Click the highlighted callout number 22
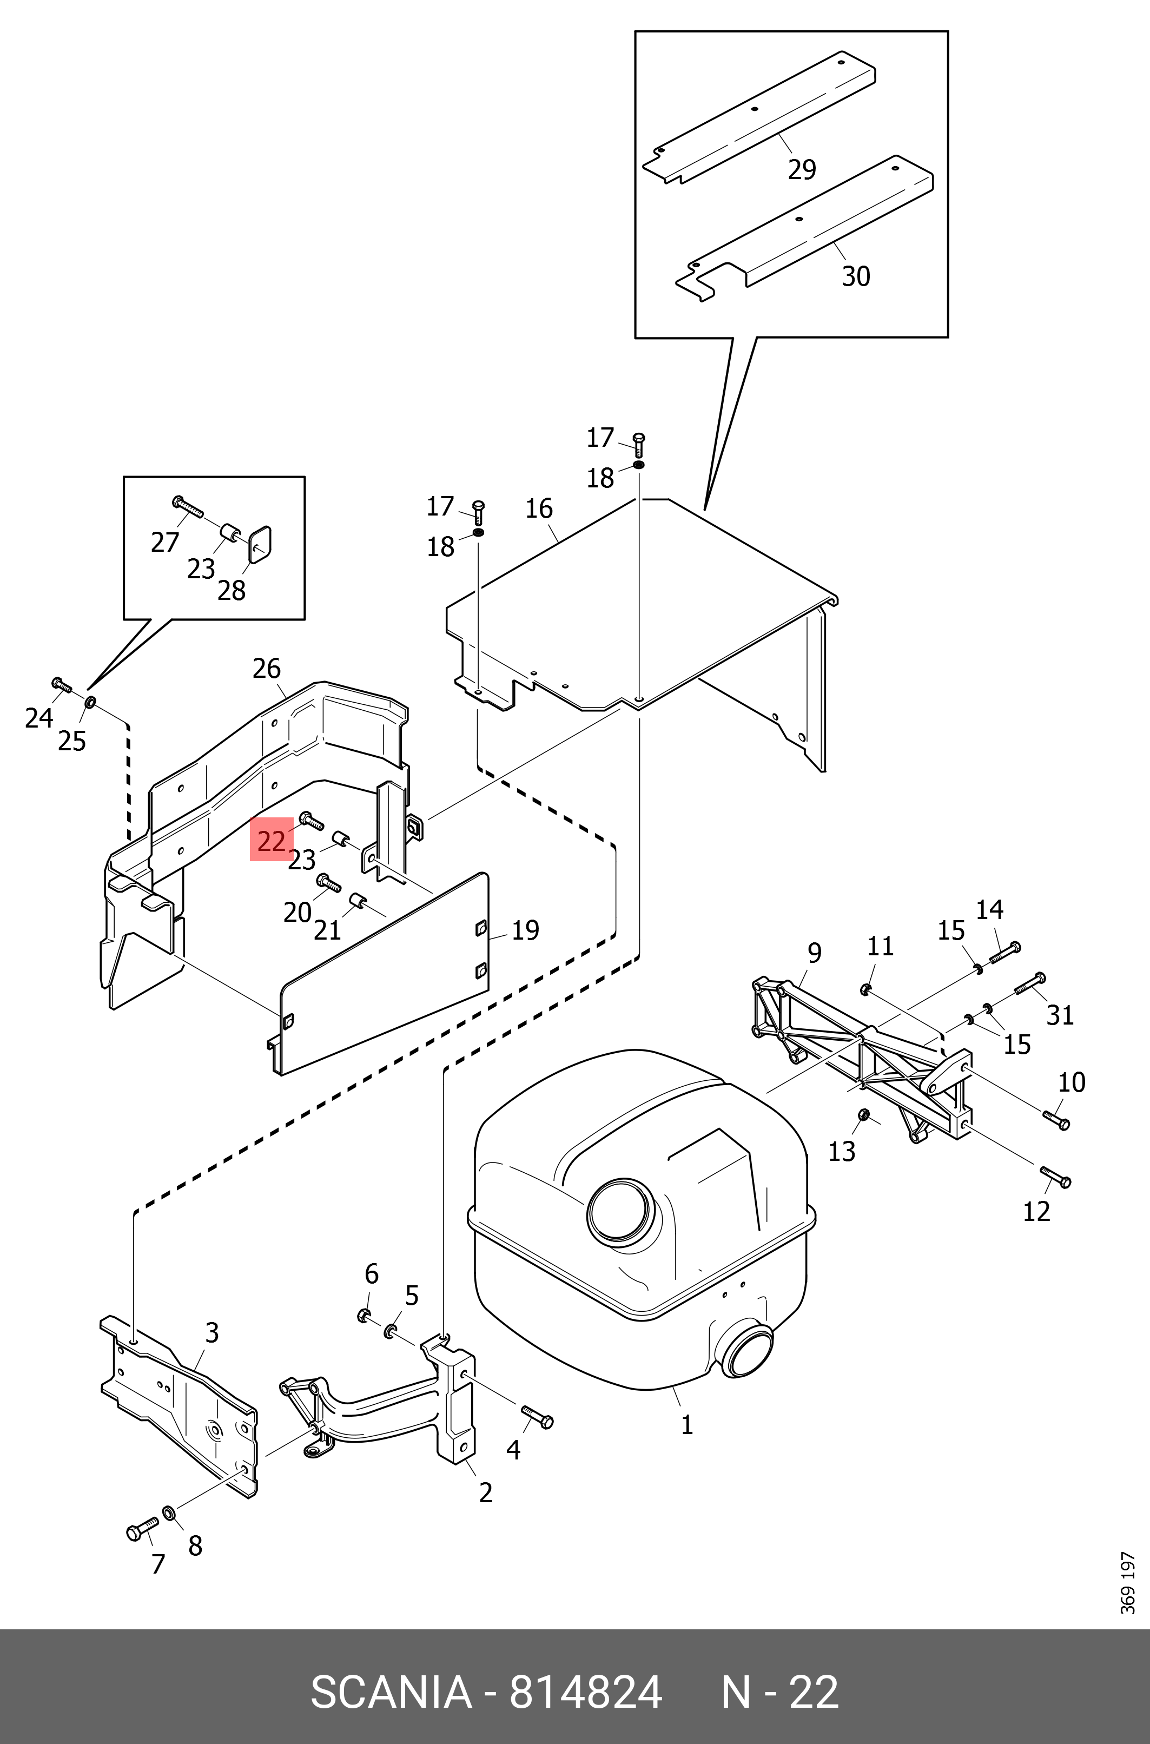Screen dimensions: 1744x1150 click(x=272, y=841)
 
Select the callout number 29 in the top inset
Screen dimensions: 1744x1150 click(x=802, y=169)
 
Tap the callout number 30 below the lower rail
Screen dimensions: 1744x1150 click(x=855, y=276)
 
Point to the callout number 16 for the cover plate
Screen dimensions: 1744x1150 click(x=539, y=508)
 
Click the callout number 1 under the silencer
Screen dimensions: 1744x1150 click(x=686, y=1425)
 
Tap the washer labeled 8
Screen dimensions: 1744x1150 click(x=169, y=1512)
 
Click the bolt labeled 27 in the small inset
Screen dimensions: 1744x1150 click(x=188, y=506)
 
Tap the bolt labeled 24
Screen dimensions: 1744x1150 click(x=62, y=686)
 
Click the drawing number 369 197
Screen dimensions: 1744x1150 click(x=1128, y=1591)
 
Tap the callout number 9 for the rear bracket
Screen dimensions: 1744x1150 click(x=814, y=953)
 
